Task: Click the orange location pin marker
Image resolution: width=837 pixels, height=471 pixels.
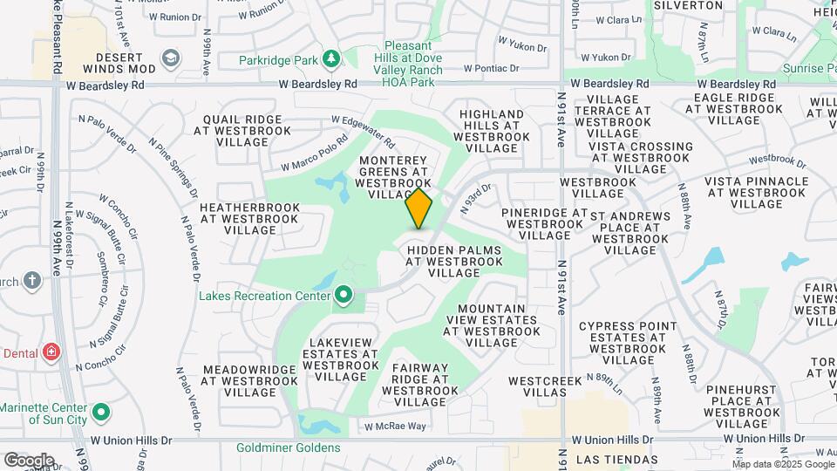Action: point(419,208)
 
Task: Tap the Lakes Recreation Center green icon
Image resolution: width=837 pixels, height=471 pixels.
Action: point(343,296)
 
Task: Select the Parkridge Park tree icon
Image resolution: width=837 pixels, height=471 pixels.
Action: point(330,59)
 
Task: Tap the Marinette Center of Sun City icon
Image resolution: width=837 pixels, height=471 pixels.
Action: point(101,411)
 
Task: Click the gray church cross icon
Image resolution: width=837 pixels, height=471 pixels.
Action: point(32,281)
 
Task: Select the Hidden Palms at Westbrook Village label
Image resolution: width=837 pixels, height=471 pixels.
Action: point(454,261)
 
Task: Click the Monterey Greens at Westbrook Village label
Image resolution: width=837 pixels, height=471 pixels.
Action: point(393,177)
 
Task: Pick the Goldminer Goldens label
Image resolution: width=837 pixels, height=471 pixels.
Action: point(288,448)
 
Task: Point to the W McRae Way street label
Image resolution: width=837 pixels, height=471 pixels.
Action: point(395,427)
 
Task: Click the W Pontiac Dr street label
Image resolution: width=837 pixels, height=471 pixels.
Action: point(492,67)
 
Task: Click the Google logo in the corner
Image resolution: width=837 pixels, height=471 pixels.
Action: point(29,460)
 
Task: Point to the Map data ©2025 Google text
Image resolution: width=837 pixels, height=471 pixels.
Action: point(783,464)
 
